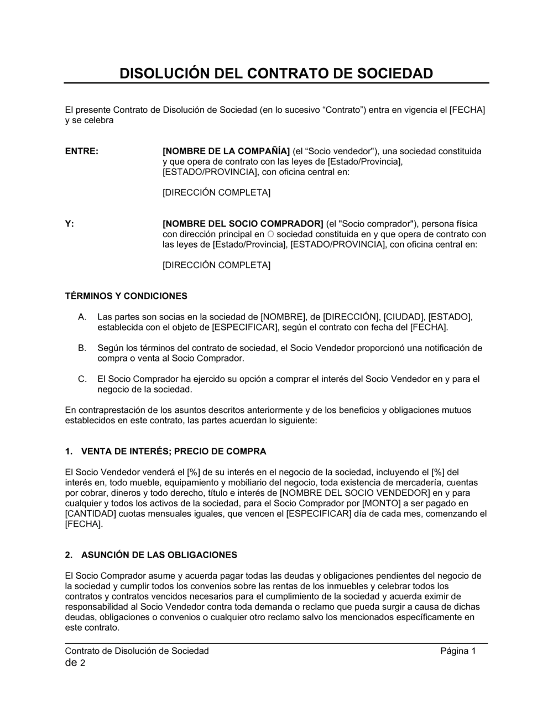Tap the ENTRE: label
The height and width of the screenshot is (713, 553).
coord(82,151)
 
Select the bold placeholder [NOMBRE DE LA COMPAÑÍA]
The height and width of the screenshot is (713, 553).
coord(226,151)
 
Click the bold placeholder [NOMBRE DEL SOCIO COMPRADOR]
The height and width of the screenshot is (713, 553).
coord(242,224)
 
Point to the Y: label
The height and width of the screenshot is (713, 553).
coord(70,224)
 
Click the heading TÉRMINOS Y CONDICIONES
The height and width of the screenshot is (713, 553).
coord(126,296)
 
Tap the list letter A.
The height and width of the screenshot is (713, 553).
coord(82,317)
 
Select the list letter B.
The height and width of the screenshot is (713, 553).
coord(82,348)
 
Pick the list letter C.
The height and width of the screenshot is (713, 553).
coord(82,379)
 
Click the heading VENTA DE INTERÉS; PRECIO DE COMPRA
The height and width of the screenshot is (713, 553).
coord(174,452)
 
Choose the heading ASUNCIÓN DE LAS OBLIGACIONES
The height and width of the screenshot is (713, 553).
coord(159,555)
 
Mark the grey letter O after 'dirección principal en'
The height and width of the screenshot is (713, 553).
coord(270,234)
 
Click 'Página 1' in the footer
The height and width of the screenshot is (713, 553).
coord(458,651)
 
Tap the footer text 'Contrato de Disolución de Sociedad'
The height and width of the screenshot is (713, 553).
coord(137,651)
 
